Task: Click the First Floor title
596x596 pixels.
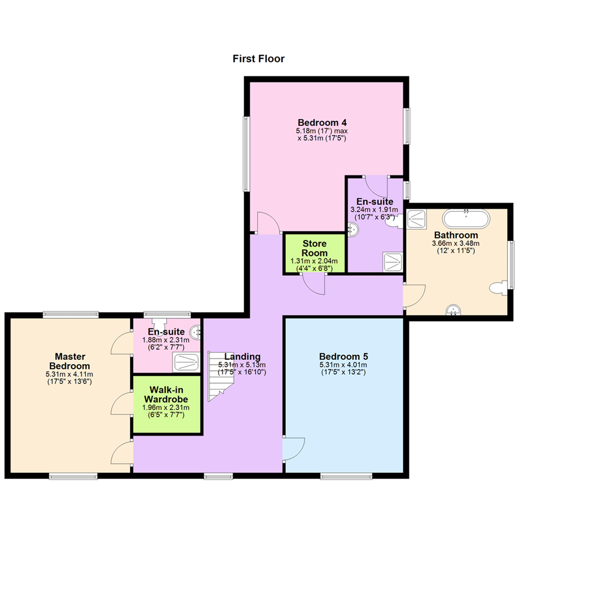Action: [258, 59]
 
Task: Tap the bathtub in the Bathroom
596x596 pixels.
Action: [466, 219]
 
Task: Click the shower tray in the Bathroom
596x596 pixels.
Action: [417, 219]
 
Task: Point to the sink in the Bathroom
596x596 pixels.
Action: [453, 310]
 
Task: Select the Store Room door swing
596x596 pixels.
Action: [314, 284]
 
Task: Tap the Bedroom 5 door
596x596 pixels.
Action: [294, 449]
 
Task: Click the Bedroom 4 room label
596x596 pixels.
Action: [322, 123]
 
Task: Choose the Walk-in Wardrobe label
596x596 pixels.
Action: [166, 395]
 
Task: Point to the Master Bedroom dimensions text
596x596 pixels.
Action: [70, 378]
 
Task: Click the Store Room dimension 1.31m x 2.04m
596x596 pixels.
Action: [314, 261]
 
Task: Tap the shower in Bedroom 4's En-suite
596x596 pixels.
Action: [393, 262]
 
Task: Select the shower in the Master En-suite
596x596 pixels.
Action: [187, 362]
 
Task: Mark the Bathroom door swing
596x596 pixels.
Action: [414, 296]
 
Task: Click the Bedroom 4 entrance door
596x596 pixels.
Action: [269, 223]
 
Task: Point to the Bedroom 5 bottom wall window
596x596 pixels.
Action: [346, 476]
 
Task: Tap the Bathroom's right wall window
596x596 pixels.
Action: [511, 265]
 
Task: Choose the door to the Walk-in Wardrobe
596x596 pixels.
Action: [121, 403]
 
